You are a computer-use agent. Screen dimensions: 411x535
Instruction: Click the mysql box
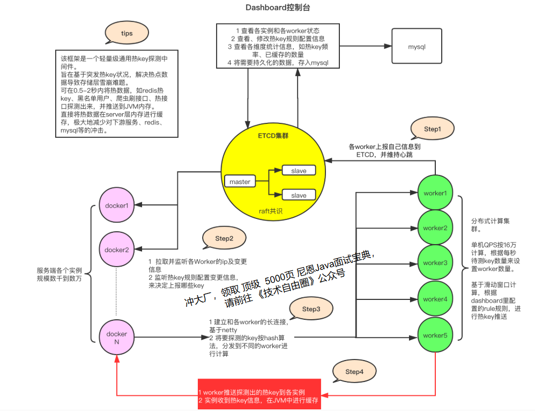click(417, 47)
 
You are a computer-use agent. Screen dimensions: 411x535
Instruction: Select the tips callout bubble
click(127, 33)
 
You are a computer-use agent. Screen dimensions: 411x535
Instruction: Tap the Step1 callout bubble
click(432, 129)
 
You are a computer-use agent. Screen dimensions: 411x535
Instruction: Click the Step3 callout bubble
click(311, 309)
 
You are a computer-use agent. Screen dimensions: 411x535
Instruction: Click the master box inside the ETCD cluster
click(240, 182)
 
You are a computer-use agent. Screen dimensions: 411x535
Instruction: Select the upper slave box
click(299, 171)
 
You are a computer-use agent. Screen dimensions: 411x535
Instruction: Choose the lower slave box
click(299, 195)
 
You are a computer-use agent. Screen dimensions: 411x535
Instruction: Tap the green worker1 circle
click(435, 193)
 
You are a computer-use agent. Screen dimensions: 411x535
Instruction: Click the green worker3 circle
click(435, 263)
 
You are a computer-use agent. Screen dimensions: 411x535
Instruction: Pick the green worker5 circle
click(435, 335)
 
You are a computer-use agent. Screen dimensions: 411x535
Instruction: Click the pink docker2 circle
click(117, 249)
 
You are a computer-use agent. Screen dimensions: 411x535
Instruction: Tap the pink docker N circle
click(117, 337)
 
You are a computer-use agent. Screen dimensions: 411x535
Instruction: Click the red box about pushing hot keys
click(259, 396)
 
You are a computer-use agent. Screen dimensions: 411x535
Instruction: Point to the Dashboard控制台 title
click(278, 8)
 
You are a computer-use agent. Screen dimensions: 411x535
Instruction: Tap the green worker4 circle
click(435, 299)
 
